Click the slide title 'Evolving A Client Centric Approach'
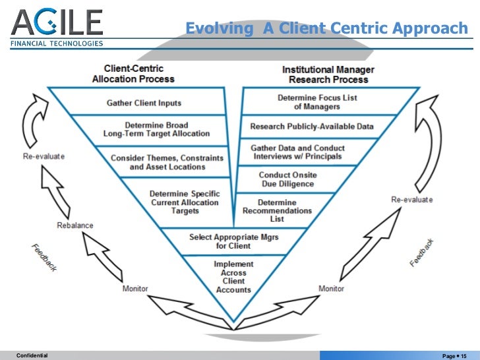coord(326,29)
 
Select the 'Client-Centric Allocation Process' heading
coord(133,74)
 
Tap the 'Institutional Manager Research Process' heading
coord(328,75)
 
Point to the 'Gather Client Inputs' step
coord(144,104)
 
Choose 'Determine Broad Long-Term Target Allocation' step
coord(156,129)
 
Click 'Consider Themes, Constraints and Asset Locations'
coord(167,162)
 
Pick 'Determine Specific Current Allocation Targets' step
coord(185,202)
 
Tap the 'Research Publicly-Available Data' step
coord(311,127)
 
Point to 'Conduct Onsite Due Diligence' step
coord(287,179)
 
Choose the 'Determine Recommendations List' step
coord(277,210)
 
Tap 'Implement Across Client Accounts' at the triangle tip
coord(233,277)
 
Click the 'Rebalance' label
coord(75,225)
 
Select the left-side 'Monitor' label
coord(135,288)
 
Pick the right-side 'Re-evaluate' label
coord(412,199)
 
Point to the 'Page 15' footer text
coord(454,355)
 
